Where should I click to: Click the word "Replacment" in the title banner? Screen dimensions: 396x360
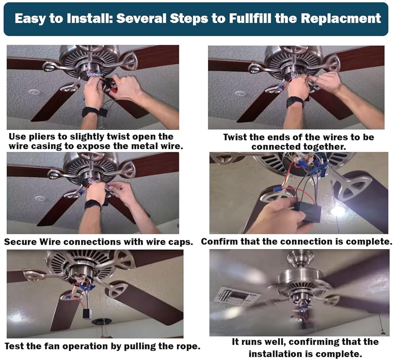pyautogui.click(x=341, y=19)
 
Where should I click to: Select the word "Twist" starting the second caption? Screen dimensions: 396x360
pyautogui.click(x=234, y=137)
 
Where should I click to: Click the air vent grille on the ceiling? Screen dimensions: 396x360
pyautogui.click(x=238, y=295)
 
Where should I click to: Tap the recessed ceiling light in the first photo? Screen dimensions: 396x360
pyautogui.click(x=34, y=92)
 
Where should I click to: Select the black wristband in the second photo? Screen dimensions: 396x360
pyautogui.click(x=295, y=101)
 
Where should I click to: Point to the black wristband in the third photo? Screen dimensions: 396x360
pyautogui.click(x=93, y=205)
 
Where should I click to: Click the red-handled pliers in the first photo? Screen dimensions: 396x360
pyautogui.click(x=110, y=85)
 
